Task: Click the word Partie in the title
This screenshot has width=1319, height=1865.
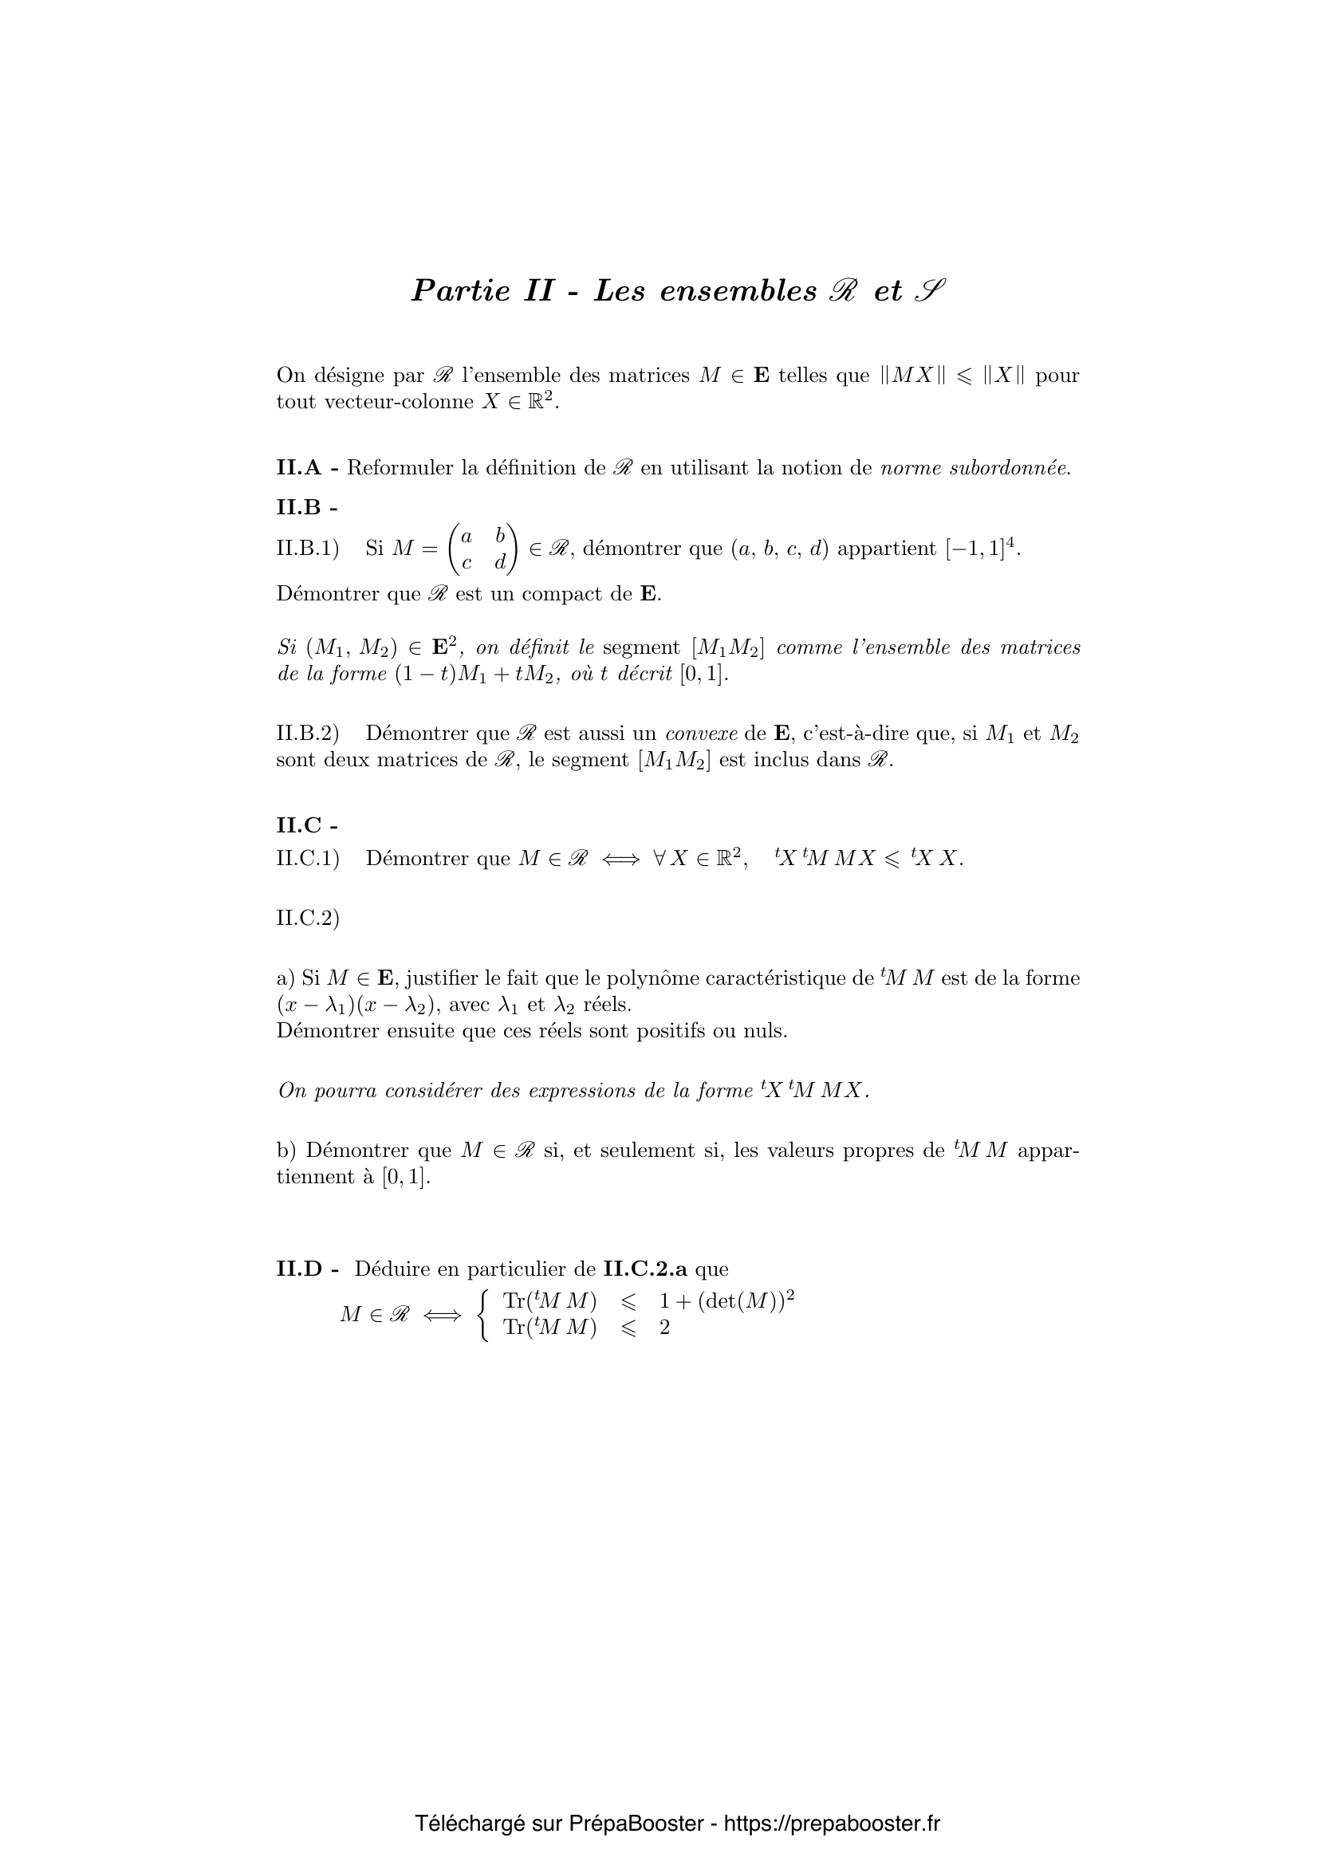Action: (460, 291)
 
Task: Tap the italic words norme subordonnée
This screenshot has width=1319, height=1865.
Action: (974, 468)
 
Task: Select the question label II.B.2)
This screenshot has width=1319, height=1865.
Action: (307, 734)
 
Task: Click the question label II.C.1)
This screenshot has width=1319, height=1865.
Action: (307, 859)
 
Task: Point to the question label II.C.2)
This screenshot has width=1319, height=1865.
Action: (307, 918)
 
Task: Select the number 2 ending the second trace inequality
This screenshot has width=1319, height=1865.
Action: (664, 1329)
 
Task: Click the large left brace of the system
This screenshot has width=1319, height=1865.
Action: (484, 1315)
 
